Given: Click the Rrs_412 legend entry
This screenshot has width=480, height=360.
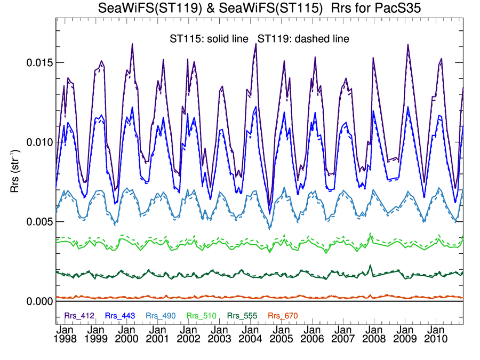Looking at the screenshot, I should coord(79,316).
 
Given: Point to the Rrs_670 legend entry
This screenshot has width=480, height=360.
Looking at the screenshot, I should coord(281,316).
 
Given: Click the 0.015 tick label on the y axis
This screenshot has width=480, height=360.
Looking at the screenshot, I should coord(39,62).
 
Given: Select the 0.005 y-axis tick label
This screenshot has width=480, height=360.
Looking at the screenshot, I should coord(39,221).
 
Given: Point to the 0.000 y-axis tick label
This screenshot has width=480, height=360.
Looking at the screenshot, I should coord(39,301).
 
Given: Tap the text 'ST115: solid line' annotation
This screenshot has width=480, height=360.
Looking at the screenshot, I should coord(206,39).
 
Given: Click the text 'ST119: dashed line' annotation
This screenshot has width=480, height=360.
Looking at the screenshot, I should coord(303,39).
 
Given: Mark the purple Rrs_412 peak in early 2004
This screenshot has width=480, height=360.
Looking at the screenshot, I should coord(256,44).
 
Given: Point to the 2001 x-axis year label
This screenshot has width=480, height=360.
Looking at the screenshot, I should coord(159,339).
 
